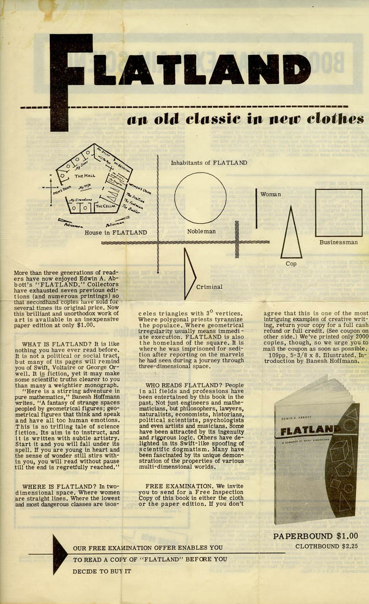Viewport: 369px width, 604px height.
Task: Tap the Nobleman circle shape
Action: click(x=201, y=198)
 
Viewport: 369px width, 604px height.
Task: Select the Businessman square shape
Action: click(x=338, y=212)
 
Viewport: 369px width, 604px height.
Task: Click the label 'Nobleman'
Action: click(x=201, y=231)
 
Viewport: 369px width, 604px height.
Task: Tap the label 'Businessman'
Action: click(x=338, y=243)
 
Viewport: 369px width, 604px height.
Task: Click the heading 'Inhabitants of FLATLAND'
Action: click(x=209, y=163)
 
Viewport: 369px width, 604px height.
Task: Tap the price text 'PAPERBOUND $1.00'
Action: click(x=315, y=536)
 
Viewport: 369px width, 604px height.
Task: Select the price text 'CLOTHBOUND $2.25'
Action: click(x=326, y=546)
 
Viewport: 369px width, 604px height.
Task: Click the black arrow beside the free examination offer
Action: click(x=60, y=554)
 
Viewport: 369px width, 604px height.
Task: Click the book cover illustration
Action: click(x=315, y=451)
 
